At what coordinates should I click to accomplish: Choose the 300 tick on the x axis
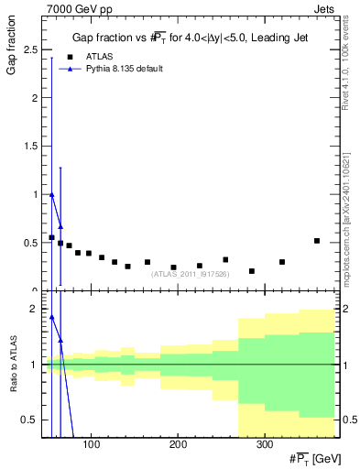click(264, 444)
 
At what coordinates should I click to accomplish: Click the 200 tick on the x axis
click(178, 444)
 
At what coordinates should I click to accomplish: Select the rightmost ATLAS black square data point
click(317, 241)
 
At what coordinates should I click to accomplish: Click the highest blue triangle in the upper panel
click(52, 194)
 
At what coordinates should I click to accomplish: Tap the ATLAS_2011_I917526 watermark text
click(191, 274)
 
